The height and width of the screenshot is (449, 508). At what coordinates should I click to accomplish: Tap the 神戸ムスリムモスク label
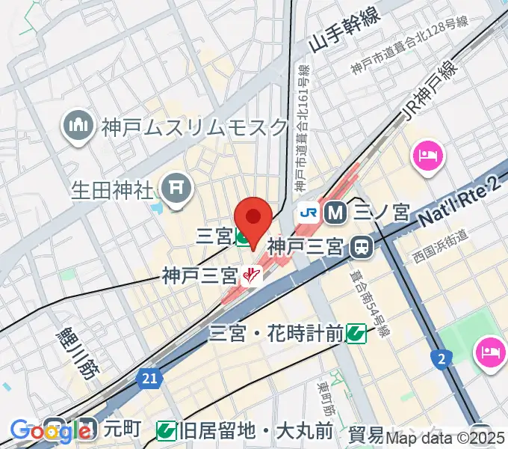(x=195, y=126)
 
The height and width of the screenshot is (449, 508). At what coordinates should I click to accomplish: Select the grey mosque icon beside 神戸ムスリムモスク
(x=77, y=124)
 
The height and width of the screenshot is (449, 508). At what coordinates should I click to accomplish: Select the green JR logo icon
(x=308, y=213)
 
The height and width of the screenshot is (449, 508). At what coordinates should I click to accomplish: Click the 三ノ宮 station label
(x=381, y=213)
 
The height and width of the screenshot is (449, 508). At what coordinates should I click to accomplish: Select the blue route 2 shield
(x=442, y=361)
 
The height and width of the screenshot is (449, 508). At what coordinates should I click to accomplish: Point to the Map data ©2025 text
(x=445, y=439)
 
